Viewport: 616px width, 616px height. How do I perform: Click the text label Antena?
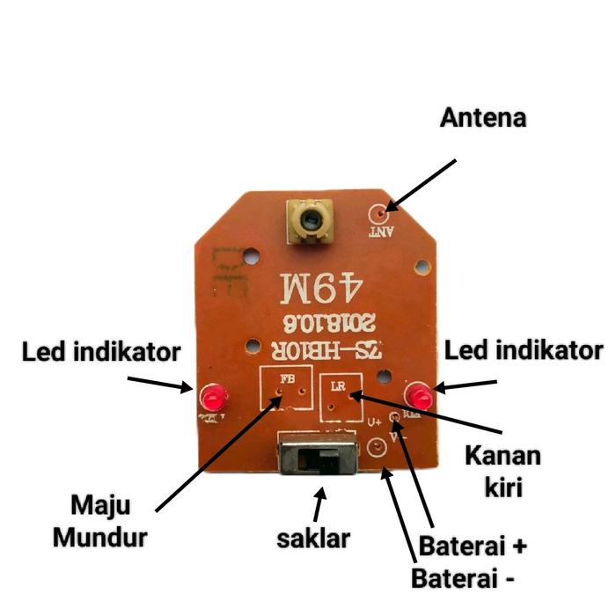[x=483, y=117]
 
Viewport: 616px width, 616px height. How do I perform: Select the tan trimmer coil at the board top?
[x=309, y=219]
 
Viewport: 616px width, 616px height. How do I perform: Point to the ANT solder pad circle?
[x=380, y=213]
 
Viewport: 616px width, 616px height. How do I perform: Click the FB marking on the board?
[x=287, y=379]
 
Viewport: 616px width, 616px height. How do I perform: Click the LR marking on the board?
[x=339, y=385]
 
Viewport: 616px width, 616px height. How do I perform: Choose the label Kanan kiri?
[x=502, y=471]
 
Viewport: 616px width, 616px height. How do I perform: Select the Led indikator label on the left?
[x=101, y=353]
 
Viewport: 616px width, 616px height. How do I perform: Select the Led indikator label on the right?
[x=524, y=351]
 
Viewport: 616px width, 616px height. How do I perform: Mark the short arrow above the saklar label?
[x=319, y=504]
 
